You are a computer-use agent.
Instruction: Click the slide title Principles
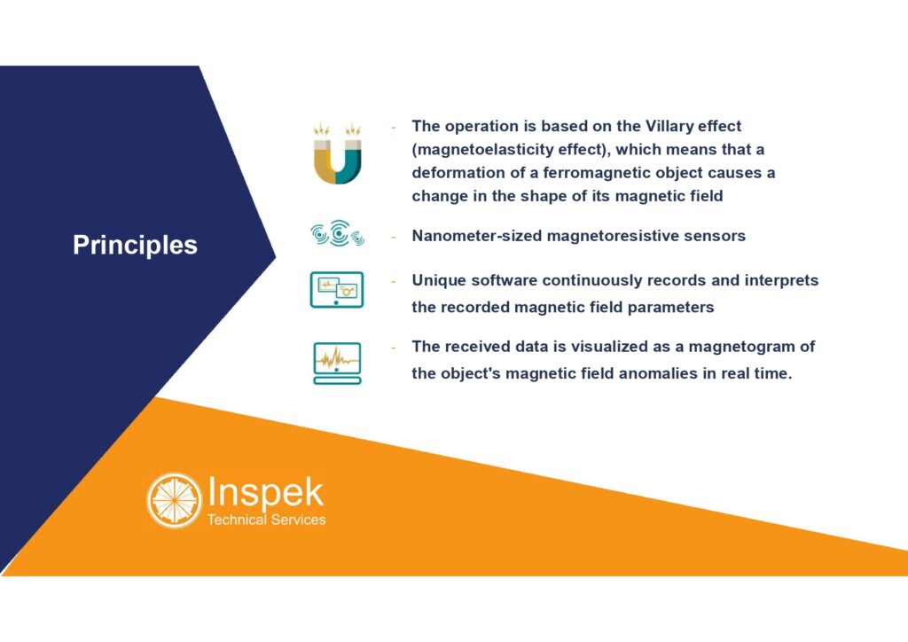pos(135,246)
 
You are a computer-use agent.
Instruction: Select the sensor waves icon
pos(338,233)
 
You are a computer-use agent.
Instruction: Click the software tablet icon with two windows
pos(336,289)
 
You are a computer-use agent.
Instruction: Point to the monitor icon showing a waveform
pos(337,363)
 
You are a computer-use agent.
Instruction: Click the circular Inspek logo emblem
pos(175,500)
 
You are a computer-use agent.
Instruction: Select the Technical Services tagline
pos(266,520)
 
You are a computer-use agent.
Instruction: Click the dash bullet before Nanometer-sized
pos(393,236)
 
